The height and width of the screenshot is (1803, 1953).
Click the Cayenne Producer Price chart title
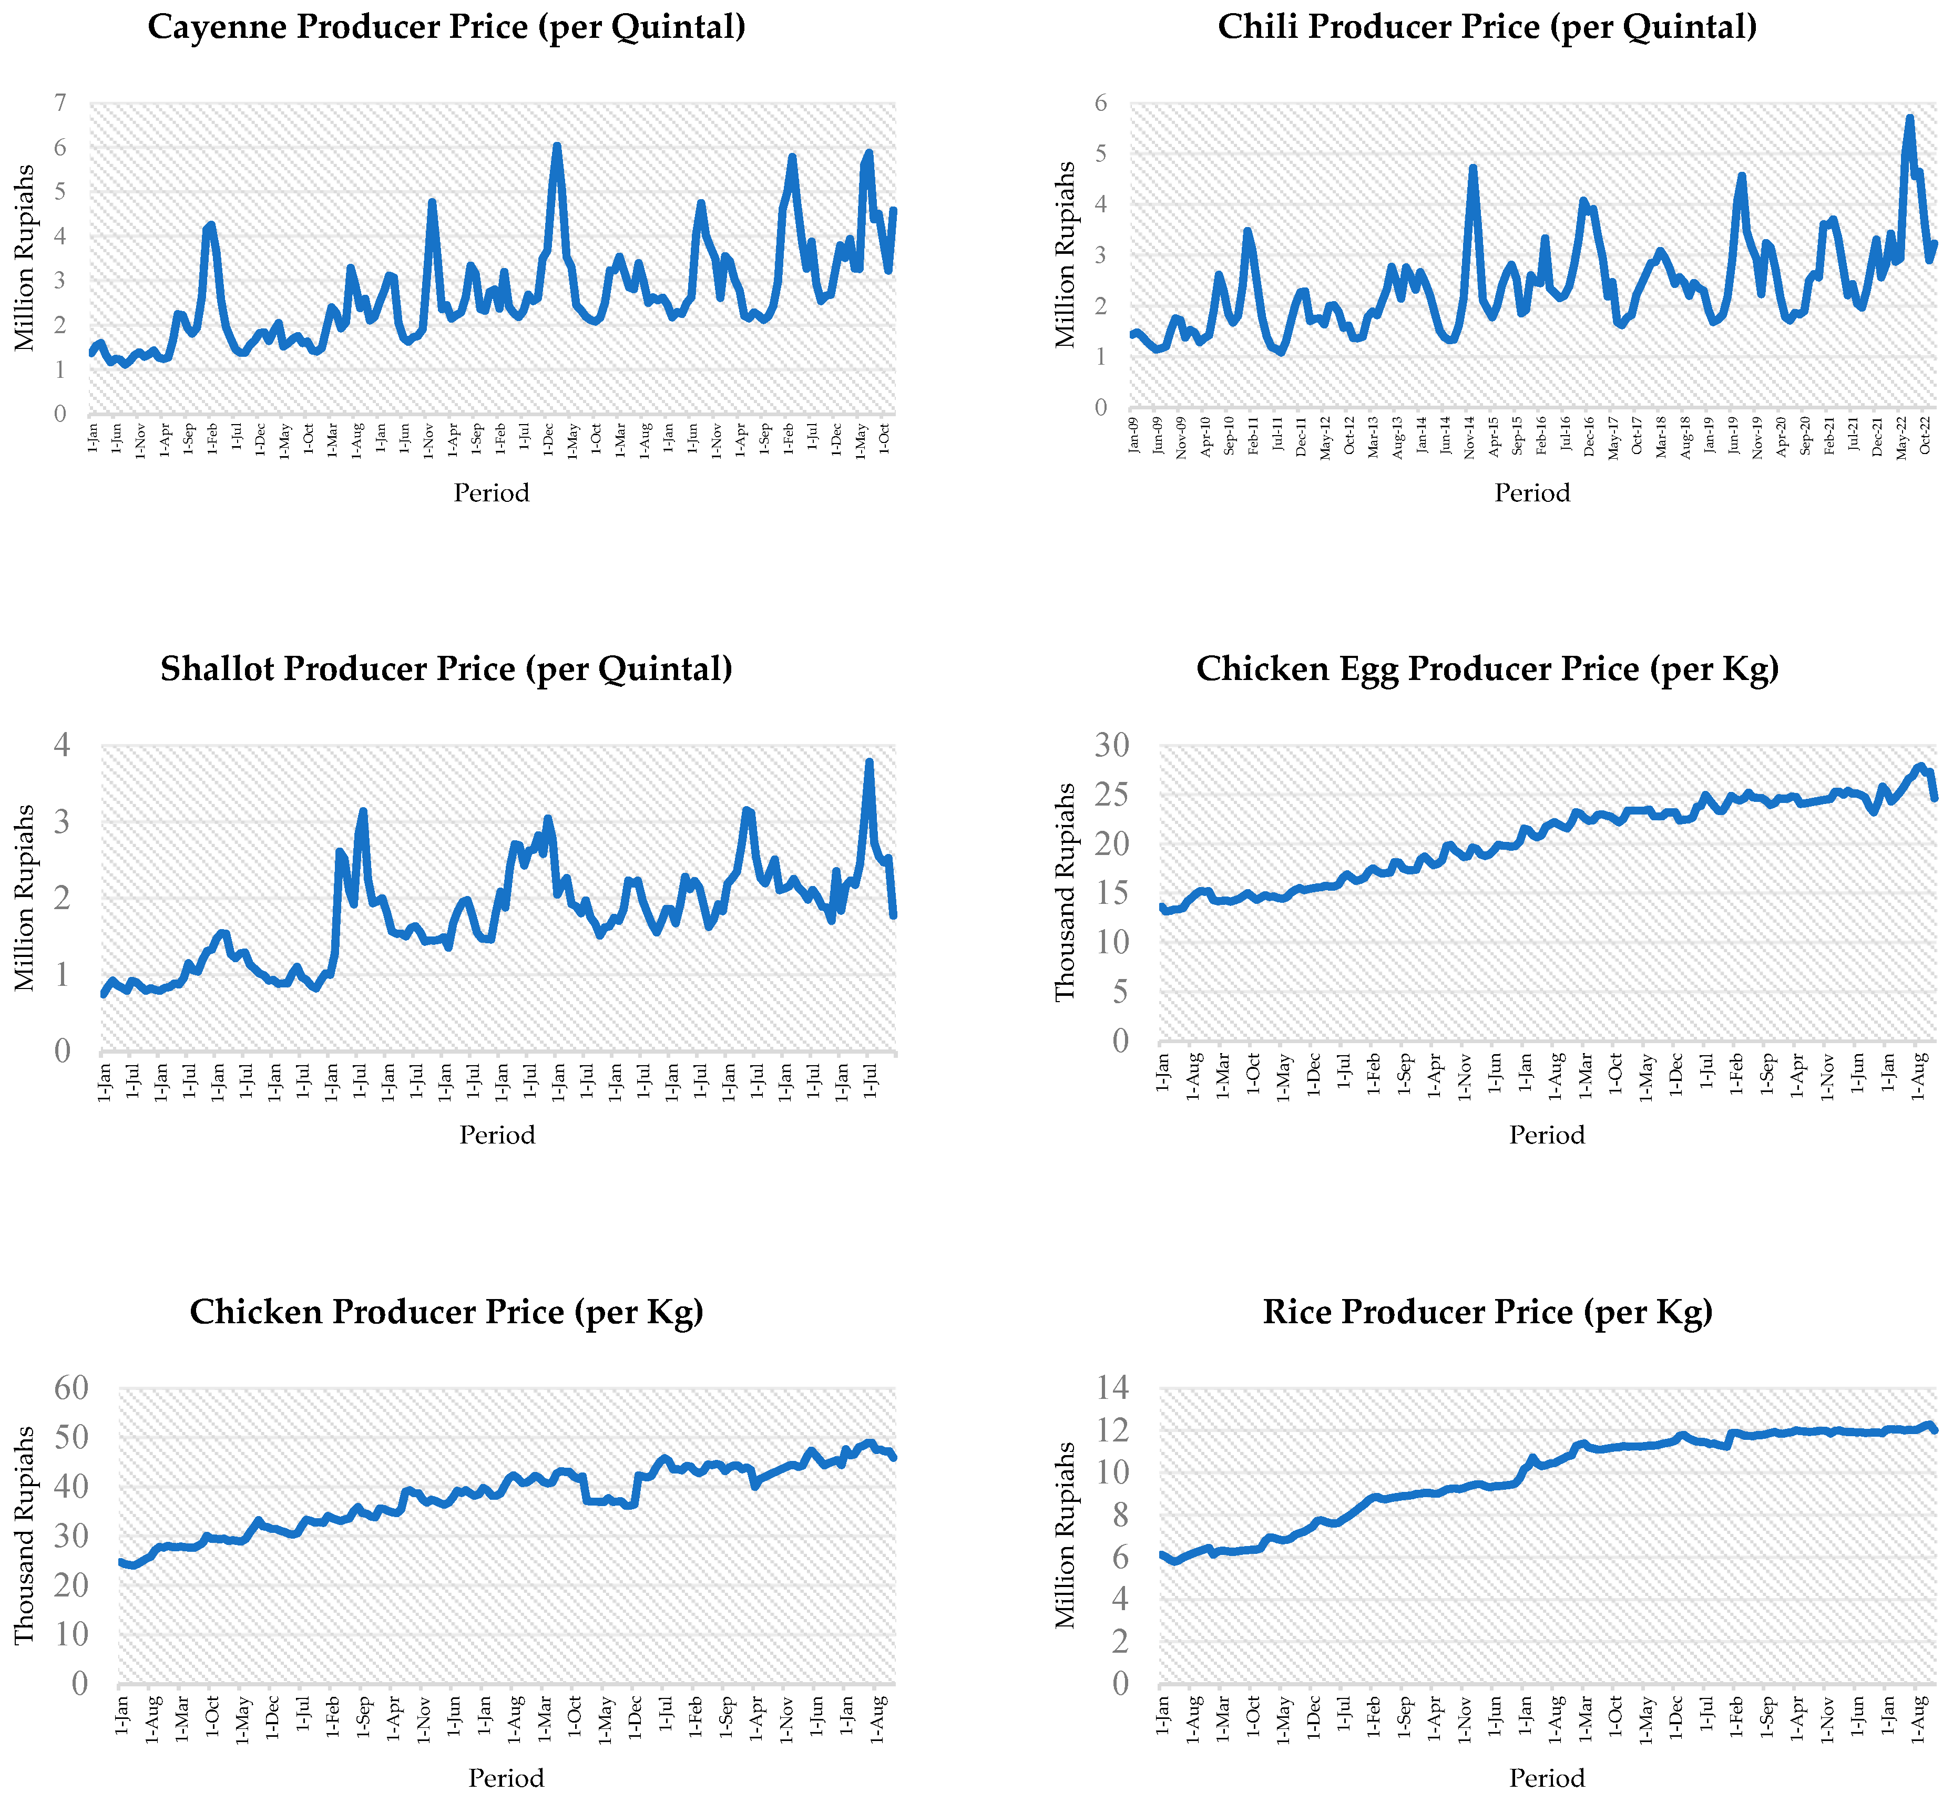coord(446,26)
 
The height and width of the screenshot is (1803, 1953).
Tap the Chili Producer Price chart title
coord(1487,26)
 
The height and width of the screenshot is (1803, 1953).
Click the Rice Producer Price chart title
coord(1487,1311)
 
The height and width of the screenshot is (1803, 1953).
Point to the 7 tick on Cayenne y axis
coord(60,104)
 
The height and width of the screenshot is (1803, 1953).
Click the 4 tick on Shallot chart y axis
coord(63,745)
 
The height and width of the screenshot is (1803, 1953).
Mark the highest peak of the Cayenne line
coord(556,146)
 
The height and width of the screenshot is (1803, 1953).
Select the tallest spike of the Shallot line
coord(868,762)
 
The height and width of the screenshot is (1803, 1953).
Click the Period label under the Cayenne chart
coord(491,493)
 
